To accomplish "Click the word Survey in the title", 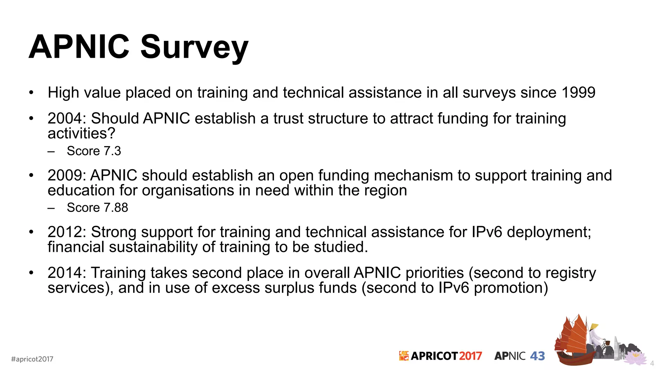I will (194, 48).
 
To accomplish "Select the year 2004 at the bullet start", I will (65, 119).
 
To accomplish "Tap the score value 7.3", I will (112, 151).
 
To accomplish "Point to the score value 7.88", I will (116, 208).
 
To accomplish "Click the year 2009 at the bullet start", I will (65, 176).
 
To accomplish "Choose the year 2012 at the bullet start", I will (65, 232).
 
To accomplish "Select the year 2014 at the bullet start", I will (65, 273).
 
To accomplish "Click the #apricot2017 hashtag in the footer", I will (32, 359).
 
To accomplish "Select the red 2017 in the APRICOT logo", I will (470, 356).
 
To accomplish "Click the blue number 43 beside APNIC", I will (537, 356).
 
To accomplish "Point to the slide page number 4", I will (652, 364).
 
